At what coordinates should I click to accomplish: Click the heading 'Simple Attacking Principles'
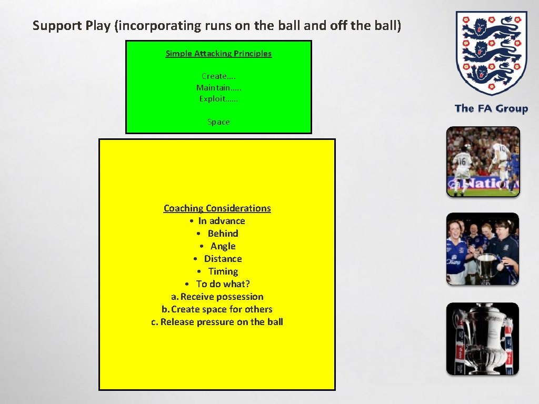pos(218,53)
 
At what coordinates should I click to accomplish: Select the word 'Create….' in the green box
pos(218,76)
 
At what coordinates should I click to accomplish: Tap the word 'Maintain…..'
pos(218,87)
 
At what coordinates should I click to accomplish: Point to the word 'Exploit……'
pos(218,98)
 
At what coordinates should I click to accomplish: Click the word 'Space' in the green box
pos(218,122)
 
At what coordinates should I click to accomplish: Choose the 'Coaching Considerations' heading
pos(217,208)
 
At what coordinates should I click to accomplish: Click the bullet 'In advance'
pos(222,221)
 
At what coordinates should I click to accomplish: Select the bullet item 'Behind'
pos(223,234)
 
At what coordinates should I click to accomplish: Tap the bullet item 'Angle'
pos(223,246)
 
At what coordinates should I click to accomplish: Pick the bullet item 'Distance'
pos(223,259)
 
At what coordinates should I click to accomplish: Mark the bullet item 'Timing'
pos(223,271)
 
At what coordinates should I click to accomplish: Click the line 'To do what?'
pos(223,284)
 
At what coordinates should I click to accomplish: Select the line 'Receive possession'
pos(222,297)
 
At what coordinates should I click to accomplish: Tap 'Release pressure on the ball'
pos(222,322)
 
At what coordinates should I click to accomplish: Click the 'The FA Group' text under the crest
pos(491,109)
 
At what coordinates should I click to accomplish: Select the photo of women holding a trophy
pos(483,249)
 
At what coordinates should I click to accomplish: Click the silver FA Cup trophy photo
pos(483,339)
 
